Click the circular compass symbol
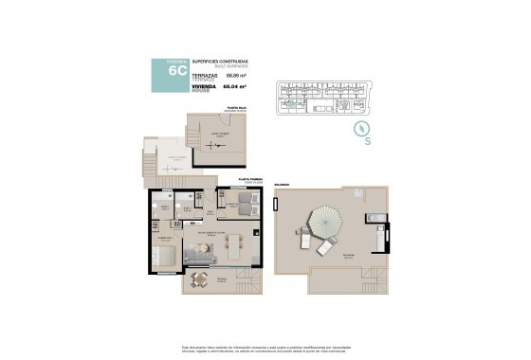coord(360,128)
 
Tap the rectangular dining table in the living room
coord(234,250)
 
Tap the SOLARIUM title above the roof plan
coord(282,185)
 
